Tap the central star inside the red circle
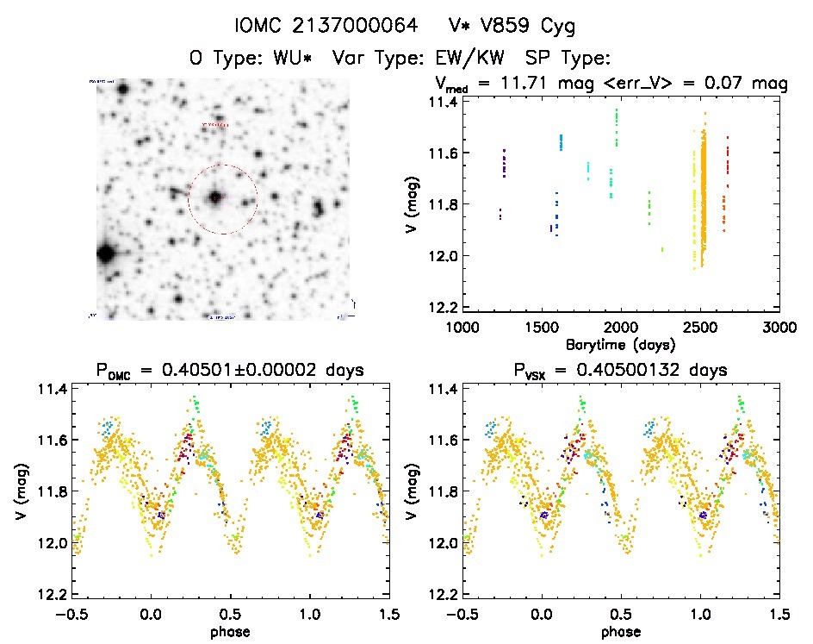click(214, 197)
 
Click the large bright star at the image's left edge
click(106, 254)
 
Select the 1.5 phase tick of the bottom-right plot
click(779, 613)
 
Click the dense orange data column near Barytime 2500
click(704, 198)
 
